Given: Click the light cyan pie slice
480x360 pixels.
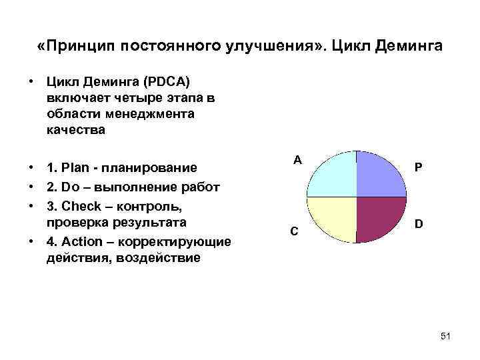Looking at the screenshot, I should (333, 174).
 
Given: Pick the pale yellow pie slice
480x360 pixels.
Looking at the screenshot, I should (333, 219).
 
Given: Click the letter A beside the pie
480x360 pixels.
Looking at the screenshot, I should (297, 160).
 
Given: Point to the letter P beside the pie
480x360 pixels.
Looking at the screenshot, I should (418, 168).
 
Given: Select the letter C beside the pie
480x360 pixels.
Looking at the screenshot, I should (293, 231).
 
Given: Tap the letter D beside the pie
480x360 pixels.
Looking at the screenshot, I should (418, 225).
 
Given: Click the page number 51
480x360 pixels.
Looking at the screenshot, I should (445, 337).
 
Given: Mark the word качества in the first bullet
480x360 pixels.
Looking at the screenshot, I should (76, 130).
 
